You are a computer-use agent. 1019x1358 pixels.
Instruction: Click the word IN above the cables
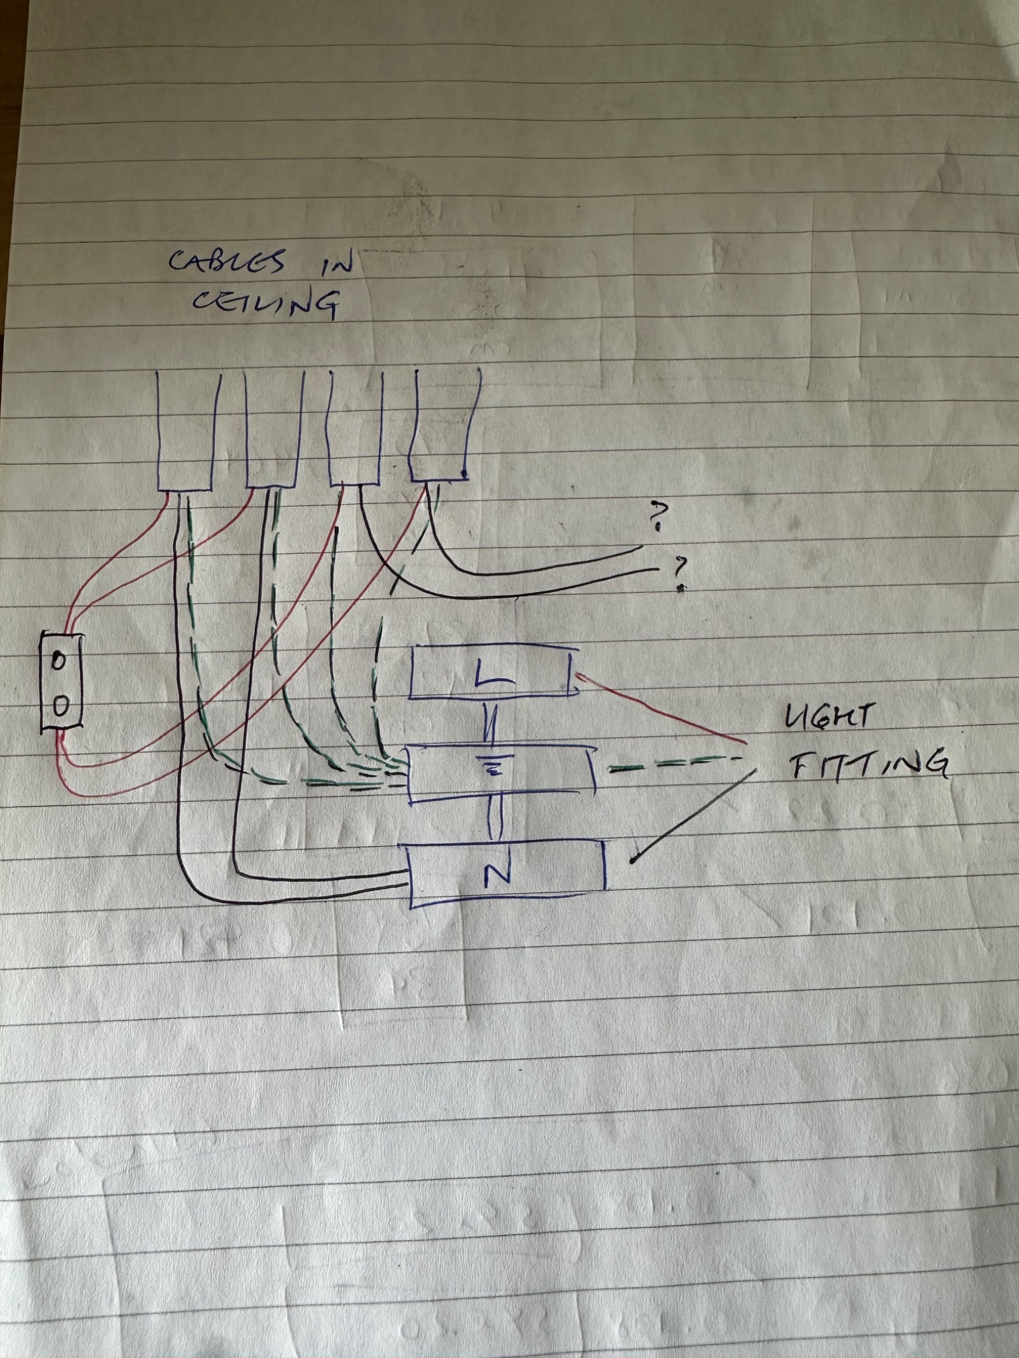tap(330, 264)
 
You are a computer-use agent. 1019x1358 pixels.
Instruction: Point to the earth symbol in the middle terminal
tap(492, 767)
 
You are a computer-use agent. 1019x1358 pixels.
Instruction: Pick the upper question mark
tap(657, 516)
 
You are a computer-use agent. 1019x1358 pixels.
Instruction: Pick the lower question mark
tap(679, 572)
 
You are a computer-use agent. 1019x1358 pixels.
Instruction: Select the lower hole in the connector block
tap(60, 707)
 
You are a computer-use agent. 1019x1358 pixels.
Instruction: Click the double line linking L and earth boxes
tap(492, 723)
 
